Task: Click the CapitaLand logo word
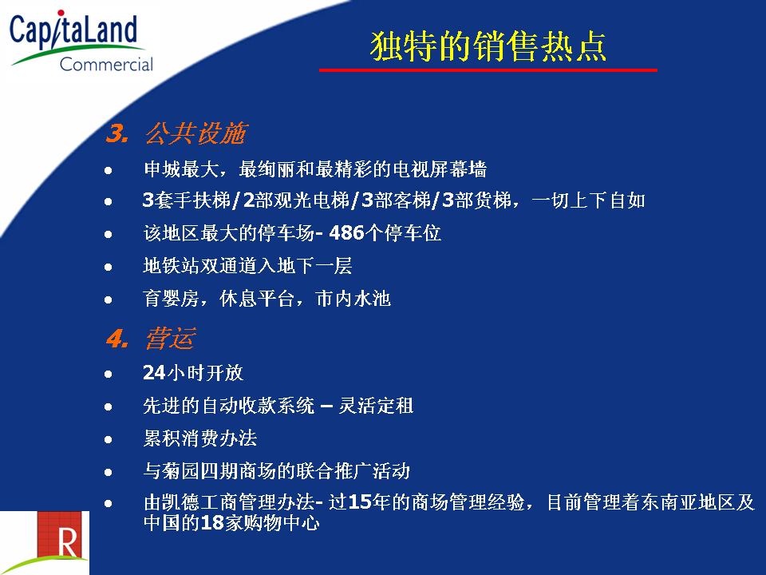tap(73, 30)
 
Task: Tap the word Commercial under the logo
tap(106, 64)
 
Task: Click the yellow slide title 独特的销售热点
tap(488, 46)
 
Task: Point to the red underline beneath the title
tap(488, 70)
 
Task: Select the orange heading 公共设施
tap(196, 133)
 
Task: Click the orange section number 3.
tap(118, 133)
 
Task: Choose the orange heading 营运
tap(171, 339)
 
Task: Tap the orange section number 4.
tap(118, 339)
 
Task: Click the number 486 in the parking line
tap(347, 232)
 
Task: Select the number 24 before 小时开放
tap(154, 373)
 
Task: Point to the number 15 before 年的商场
tap(359, 502)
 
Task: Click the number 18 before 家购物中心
tap(212, 522)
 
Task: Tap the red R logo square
tap(64, 535)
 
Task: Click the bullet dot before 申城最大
tap(109, 171)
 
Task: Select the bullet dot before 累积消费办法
tap(109, 439)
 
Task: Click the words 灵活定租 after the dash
tap(376, 406)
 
